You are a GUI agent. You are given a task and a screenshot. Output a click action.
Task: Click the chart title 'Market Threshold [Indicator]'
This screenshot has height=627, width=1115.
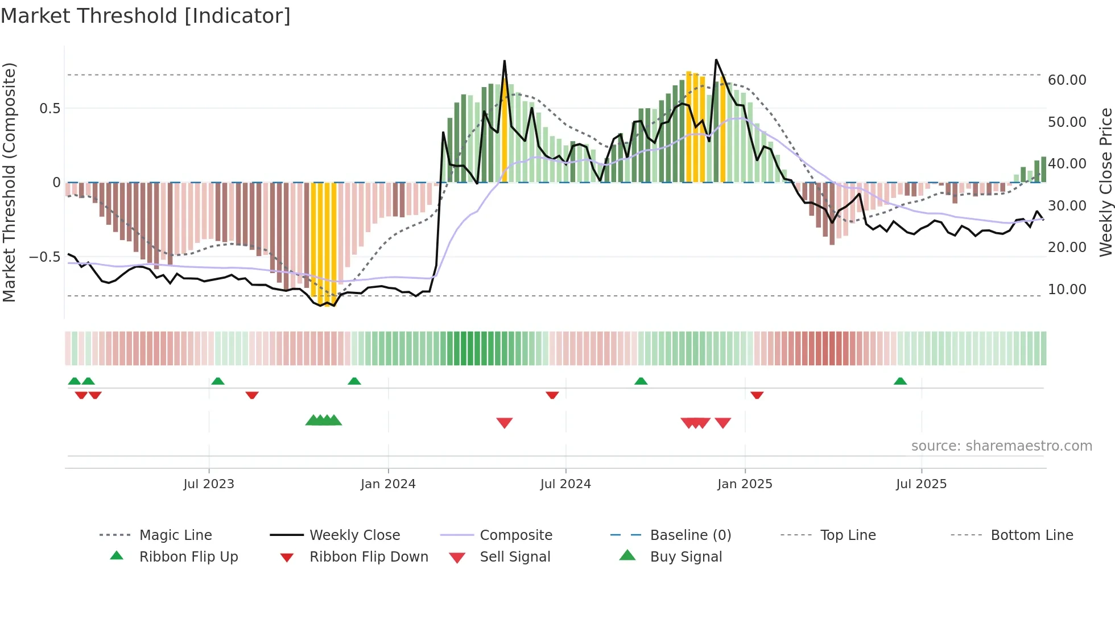(x=146, y=16)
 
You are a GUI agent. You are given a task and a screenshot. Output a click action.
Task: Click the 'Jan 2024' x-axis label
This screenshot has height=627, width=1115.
(x=388, y=484)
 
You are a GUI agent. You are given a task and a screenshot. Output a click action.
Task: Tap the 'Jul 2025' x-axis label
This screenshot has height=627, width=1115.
(x=921, y=484)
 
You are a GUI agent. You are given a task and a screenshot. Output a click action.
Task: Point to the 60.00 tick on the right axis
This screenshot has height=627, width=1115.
(x=1067, y=80)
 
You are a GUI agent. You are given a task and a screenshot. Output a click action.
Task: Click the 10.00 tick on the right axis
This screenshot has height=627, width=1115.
(x=1067, y=290)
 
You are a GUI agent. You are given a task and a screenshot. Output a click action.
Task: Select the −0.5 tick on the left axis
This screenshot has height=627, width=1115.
(x=45, y=257)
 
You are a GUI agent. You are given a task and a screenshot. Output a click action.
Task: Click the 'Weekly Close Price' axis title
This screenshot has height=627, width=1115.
(x=1105, y=182)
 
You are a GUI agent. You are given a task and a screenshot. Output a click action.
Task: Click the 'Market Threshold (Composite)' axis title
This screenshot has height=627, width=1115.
(x=9, y=182)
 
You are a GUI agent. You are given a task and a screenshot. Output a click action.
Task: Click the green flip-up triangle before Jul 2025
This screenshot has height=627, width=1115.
(x=900, y=381)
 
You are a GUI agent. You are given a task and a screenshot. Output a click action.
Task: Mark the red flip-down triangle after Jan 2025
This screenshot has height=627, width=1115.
(x=757, y=395)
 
